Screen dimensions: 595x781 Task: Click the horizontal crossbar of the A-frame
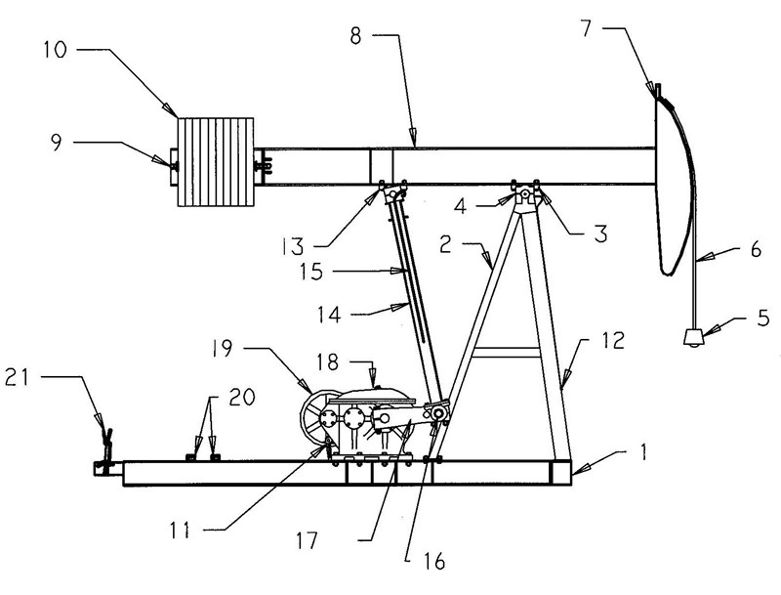point(509,352)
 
